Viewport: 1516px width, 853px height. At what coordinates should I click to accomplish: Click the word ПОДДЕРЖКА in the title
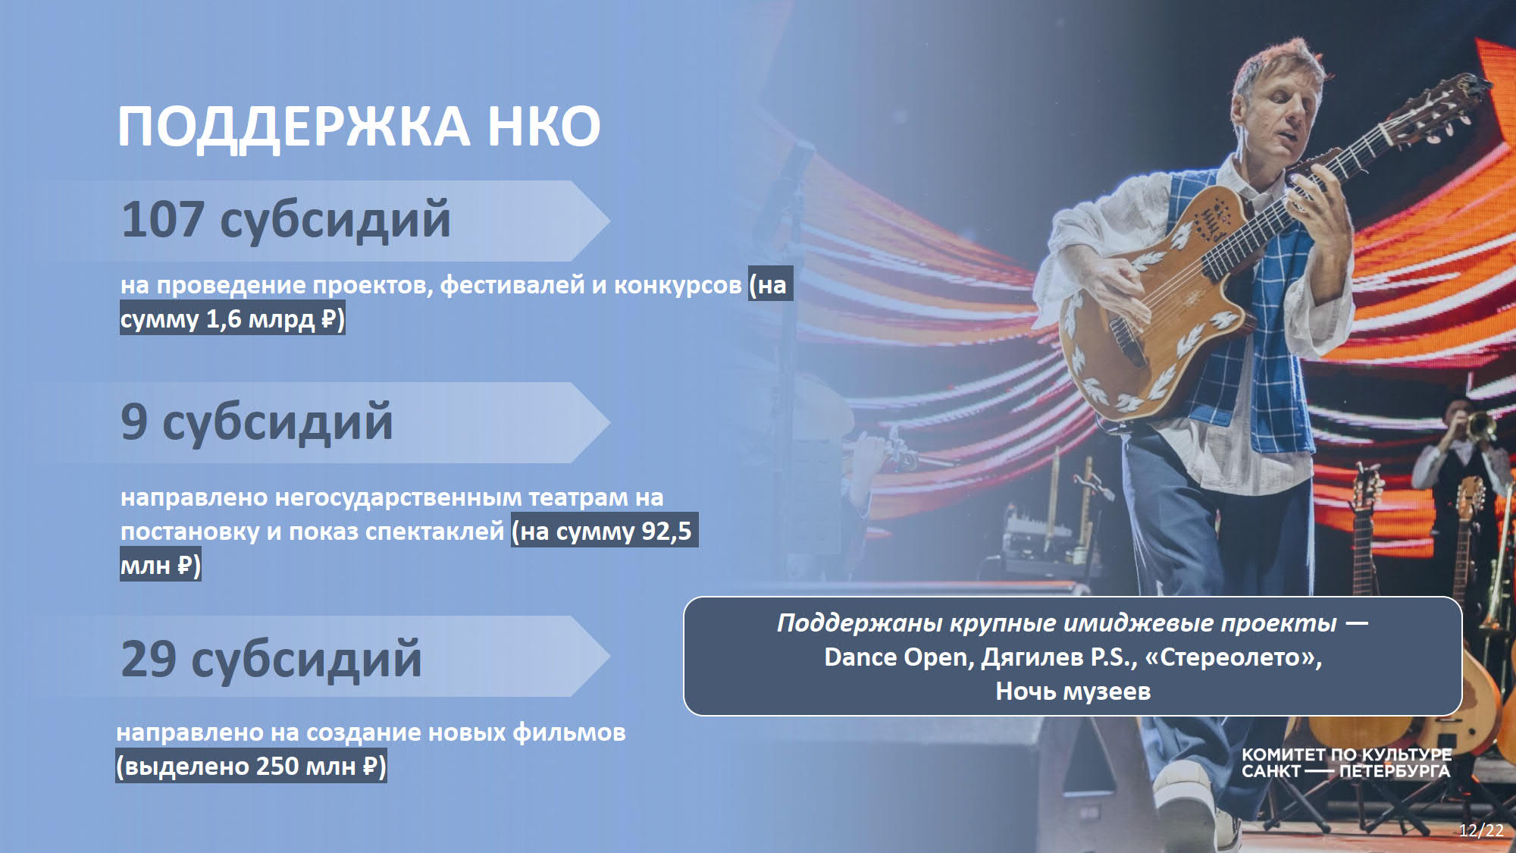(293, 126)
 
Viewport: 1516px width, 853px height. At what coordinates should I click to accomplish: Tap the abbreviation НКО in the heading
(543, 126)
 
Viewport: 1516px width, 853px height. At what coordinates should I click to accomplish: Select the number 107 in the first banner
(163, 220)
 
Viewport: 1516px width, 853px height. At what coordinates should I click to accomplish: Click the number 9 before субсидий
(134, 422)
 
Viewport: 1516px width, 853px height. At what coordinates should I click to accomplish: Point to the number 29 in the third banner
(149, 658)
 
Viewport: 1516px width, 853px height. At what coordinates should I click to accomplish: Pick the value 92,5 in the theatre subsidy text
(666, 531)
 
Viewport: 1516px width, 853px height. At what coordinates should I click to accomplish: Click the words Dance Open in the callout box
(896, 657)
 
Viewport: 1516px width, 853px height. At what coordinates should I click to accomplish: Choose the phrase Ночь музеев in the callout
(1073, 691)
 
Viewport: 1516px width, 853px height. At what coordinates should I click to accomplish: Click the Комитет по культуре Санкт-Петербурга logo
(1346, 764)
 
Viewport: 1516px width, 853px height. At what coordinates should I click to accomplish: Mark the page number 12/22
(1481, 830)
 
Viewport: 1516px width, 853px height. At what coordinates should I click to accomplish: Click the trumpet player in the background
(1455, 485)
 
